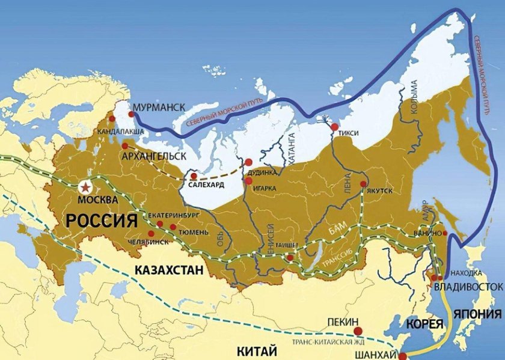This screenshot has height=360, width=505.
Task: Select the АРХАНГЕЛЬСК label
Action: coord(155,156)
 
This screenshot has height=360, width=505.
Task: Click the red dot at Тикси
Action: coord(335,127)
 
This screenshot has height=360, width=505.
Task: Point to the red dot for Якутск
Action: coord(363,185)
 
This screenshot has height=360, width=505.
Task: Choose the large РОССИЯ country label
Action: coord(102,220)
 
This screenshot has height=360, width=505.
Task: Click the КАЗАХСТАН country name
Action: coord(169,270)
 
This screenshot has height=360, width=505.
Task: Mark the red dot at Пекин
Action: coord(358,331)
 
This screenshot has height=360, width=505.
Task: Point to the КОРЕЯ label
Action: coord(426,325)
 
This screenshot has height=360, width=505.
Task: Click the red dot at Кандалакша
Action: coord(112,119)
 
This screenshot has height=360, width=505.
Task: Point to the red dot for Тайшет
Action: coord(290,258)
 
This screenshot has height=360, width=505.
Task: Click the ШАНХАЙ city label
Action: coord(372,353)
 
